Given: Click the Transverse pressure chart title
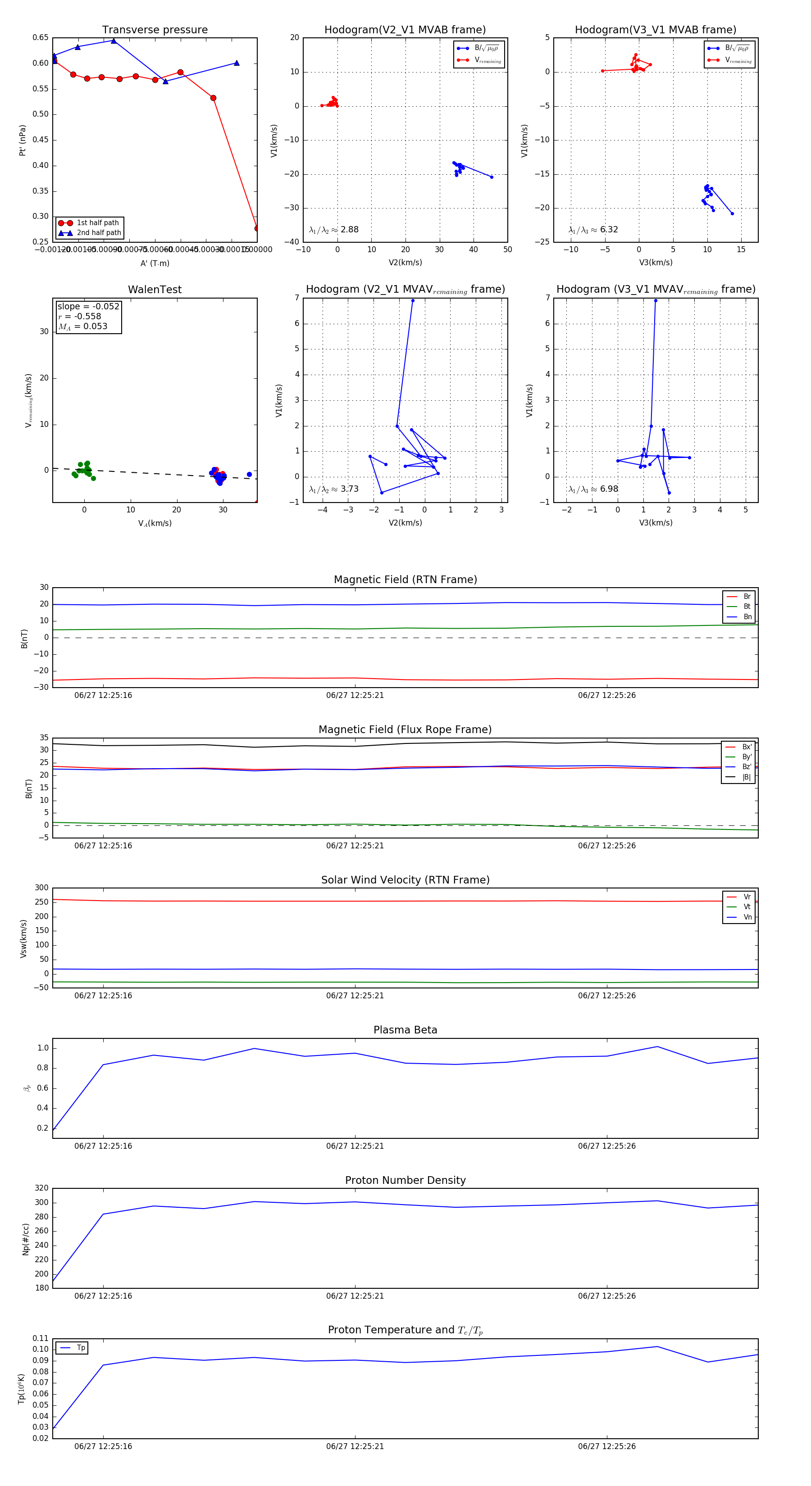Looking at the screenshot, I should (x=155, y=30).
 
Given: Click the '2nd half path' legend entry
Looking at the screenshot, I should (x=99, y=233).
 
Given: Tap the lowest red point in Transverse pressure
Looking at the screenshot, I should (x=257, y=228).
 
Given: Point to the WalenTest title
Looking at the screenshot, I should (x=155, y=290).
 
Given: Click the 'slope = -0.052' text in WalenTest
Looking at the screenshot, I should (x=88, y=306).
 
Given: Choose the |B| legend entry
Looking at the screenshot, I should (x=746, y=777).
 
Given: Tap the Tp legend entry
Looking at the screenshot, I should (x=80, y=1348).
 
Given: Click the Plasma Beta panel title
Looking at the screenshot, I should (x=405, y=1030).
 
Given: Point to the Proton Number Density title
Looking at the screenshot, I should (x=405, y=1180).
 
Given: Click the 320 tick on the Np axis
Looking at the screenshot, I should (x=41, y=1188).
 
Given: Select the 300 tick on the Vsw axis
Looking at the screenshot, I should (x=41, y=888).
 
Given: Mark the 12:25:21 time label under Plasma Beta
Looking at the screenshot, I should (x=355, y=1146).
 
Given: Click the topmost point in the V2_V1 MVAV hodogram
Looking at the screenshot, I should (x=413, y=300).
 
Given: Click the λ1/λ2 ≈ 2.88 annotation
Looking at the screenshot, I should (x=333, y=230).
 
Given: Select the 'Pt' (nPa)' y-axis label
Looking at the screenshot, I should (x=23, y=140).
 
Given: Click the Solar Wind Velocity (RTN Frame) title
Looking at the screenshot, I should (x=405, y=880).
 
